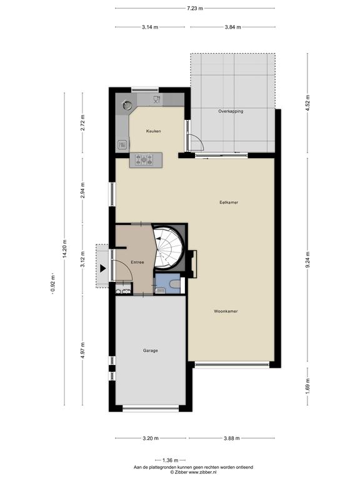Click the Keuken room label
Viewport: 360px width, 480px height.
click(153, 131)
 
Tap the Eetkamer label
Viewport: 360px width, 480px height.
click(229, 202)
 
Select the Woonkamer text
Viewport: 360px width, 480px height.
click(226, 311)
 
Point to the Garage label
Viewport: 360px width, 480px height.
click(150, 351)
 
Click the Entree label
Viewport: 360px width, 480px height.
click(137, 262)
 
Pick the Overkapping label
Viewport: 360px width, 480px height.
click(231, 111)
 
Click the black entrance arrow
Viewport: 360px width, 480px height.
click(103, 269)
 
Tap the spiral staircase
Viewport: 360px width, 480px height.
click(168, 247)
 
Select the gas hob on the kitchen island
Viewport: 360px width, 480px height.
click(144, 159)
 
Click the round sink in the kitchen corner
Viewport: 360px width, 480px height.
click(127, 105)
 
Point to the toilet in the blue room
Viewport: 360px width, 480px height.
click(176, 284)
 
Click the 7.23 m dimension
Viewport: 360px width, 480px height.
click(195, 8)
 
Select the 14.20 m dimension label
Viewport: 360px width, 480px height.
click(64, 249)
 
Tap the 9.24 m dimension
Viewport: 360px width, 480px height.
click(308, 260)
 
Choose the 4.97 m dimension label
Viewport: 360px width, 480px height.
click(82, 350)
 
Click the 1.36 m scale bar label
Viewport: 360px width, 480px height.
click(170, 460)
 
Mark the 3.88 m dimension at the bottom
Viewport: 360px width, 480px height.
click(232, 438)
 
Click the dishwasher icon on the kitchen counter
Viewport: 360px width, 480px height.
click(157, 99)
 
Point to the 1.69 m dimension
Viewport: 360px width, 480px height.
click(308, 386)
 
